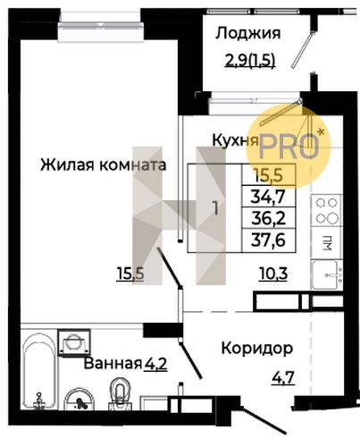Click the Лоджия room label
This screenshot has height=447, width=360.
tap(247, 33)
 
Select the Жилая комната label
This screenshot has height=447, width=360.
tap(103, 164)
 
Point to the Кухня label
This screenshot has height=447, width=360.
tap(235, 139)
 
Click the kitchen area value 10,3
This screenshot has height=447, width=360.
tap(273, 274)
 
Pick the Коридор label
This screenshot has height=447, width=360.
tap(257, 348)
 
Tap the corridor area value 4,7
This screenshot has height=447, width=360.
tap(283, 378)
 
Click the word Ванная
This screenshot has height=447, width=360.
tap(113, 364)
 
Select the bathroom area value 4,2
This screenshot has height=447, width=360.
tap(155, 364)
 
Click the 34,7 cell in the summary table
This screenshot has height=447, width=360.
tap(269, 197)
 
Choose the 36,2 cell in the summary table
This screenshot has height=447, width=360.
tap(269, 218)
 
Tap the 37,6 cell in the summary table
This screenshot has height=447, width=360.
tap(269, 240)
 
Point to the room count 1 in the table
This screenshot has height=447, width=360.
tap(215, 208)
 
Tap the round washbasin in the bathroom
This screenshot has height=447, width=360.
tap(80, 400)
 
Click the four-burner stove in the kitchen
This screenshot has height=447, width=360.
tap(327, 211)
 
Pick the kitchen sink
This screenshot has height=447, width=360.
tap(327, 274)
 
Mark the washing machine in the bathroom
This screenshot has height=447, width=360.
tap(74, 342)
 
